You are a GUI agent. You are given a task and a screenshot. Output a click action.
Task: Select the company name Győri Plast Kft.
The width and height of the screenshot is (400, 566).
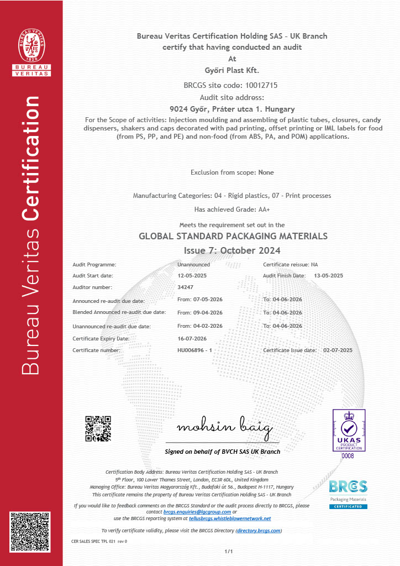(231, 70)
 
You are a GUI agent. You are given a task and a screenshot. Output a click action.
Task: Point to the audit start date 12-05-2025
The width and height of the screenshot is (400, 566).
(192, 275)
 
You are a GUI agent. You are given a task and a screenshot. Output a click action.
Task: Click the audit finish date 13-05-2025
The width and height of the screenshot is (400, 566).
(328, 275)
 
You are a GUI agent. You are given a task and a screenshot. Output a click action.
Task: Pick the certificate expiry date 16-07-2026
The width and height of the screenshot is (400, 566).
(192, 338)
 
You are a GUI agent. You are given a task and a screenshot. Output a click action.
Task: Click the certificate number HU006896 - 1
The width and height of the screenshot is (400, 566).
(194, 350)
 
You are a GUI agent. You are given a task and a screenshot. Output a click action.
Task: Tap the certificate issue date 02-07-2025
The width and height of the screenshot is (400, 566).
(338, 350)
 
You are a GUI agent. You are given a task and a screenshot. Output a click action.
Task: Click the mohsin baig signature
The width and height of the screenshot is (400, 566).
(224, 428)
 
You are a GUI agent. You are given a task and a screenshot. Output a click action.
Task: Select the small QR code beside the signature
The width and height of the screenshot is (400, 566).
(98, 428)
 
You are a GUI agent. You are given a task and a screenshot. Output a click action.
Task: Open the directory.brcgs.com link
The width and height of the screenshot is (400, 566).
(259, 531)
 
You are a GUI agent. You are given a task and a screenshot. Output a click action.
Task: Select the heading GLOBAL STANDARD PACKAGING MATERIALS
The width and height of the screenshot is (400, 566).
(233, 236)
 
